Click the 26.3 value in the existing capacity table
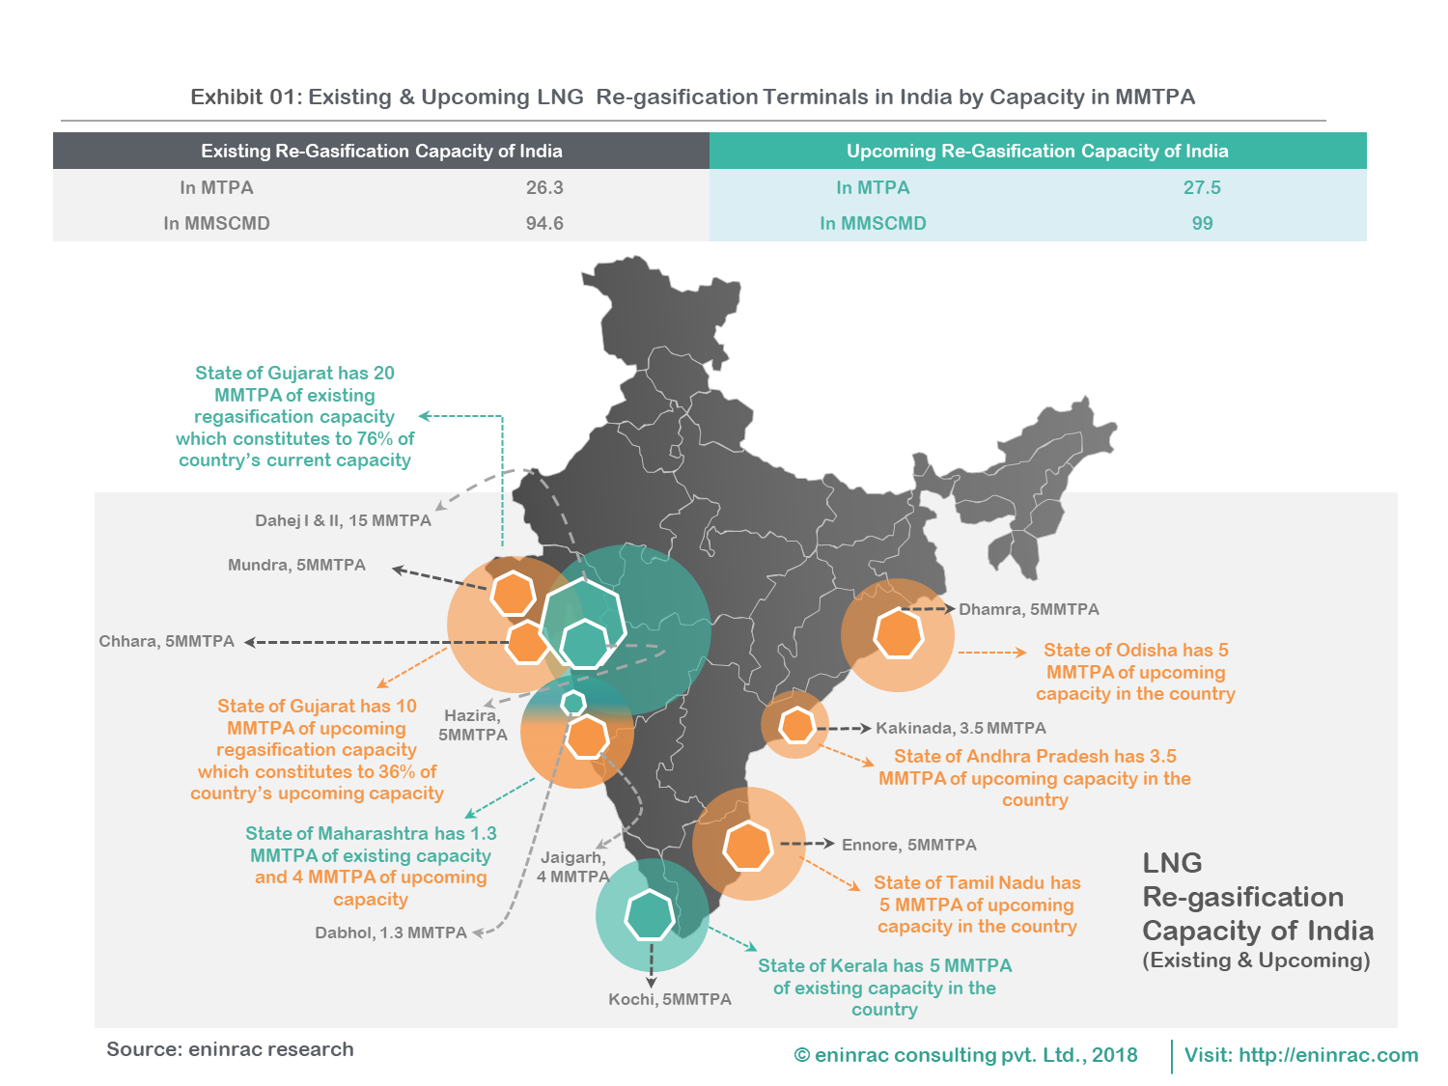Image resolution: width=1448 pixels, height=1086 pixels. pyautogui.click(x=544, y=187)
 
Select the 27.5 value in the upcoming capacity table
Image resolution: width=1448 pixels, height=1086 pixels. pyautogui.click(x=1202, y=187)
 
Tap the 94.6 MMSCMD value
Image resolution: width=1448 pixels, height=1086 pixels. pyautogui.click(x=544, y=223)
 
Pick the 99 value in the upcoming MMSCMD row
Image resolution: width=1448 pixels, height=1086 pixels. pyautogui.click(x=1202, y=223)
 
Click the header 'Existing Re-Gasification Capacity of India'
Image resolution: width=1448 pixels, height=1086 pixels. pyautogui.click(x=381, y=151)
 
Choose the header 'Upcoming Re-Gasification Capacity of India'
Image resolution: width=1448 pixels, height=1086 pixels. pyautogui.click(x=1037, y=151)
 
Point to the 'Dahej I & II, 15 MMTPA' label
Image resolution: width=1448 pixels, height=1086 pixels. pyautogui.click(x=343, y=520)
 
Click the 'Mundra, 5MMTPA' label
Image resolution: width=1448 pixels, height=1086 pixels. pyautogui.click(x=296, y=565)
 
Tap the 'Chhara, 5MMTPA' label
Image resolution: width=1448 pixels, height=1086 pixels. pyautogui.click(x=166, y=641)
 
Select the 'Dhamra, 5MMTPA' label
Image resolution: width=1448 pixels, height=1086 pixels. pyautogui.click(x=1029, y=609)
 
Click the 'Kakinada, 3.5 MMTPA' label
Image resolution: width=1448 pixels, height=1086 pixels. pyautogui.click(x=961, y=728)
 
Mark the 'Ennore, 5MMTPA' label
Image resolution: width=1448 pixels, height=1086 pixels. pyautogui.click(x=908, y=845)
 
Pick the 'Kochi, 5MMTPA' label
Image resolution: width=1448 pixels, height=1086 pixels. pyautogui.click(x=669, y=999)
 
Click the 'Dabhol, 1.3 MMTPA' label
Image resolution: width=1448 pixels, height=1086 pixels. pyautogui.click(x=390, y=933)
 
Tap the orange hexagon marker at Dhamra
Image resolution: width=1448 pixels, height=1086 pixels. pyautogui.click(x=899, y=634)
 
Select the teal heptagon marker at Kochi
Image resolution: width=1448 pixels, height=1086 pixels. pyautogui.click(x=650, y=915)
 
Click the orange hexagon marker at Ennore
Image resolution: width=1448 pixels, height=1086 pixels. pyautogui.click(x=748, y=847)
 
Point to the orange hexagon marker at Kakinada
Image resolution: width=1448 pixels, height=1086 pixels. pyautogui.click(x=796, y=725)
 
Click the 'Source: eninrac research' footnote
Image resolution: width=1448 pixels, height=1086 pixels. pyautogui.click(x=230, y=1049)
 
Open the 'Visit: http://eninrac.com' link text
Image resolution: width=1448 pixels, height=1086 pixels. pyautogui.click(x=1300, y=1055)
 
